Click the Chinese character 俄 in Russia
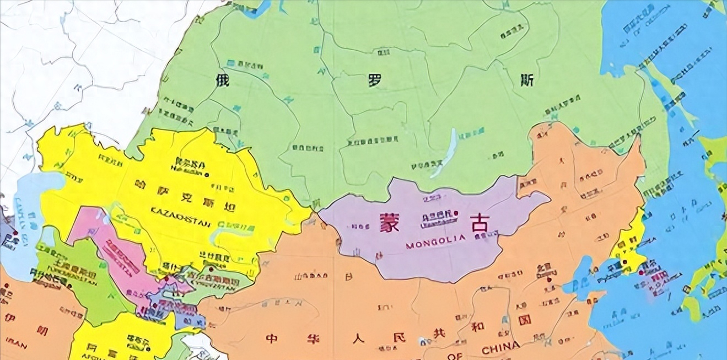tap(223, 81)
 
